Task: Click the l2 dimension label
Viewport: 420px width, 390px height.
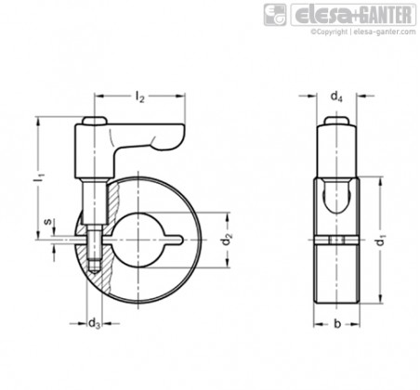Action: [x=140, y=97]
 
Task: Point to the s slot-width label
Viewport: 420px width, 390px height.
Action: [x=47, y=222]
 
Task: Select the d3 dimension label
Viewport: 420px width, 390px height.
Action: [x=94, y=324]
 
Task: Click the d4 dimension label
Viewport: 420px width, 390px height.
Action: [x=336, y=97]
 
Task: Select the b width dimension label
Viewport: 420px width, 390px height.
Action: [x=337, y=324]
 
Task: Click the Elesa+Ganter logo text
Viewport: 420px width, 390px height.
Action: [x=353, y=15]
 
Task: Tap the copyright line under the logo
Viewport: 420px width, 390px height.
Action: [x=363, y=32]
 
